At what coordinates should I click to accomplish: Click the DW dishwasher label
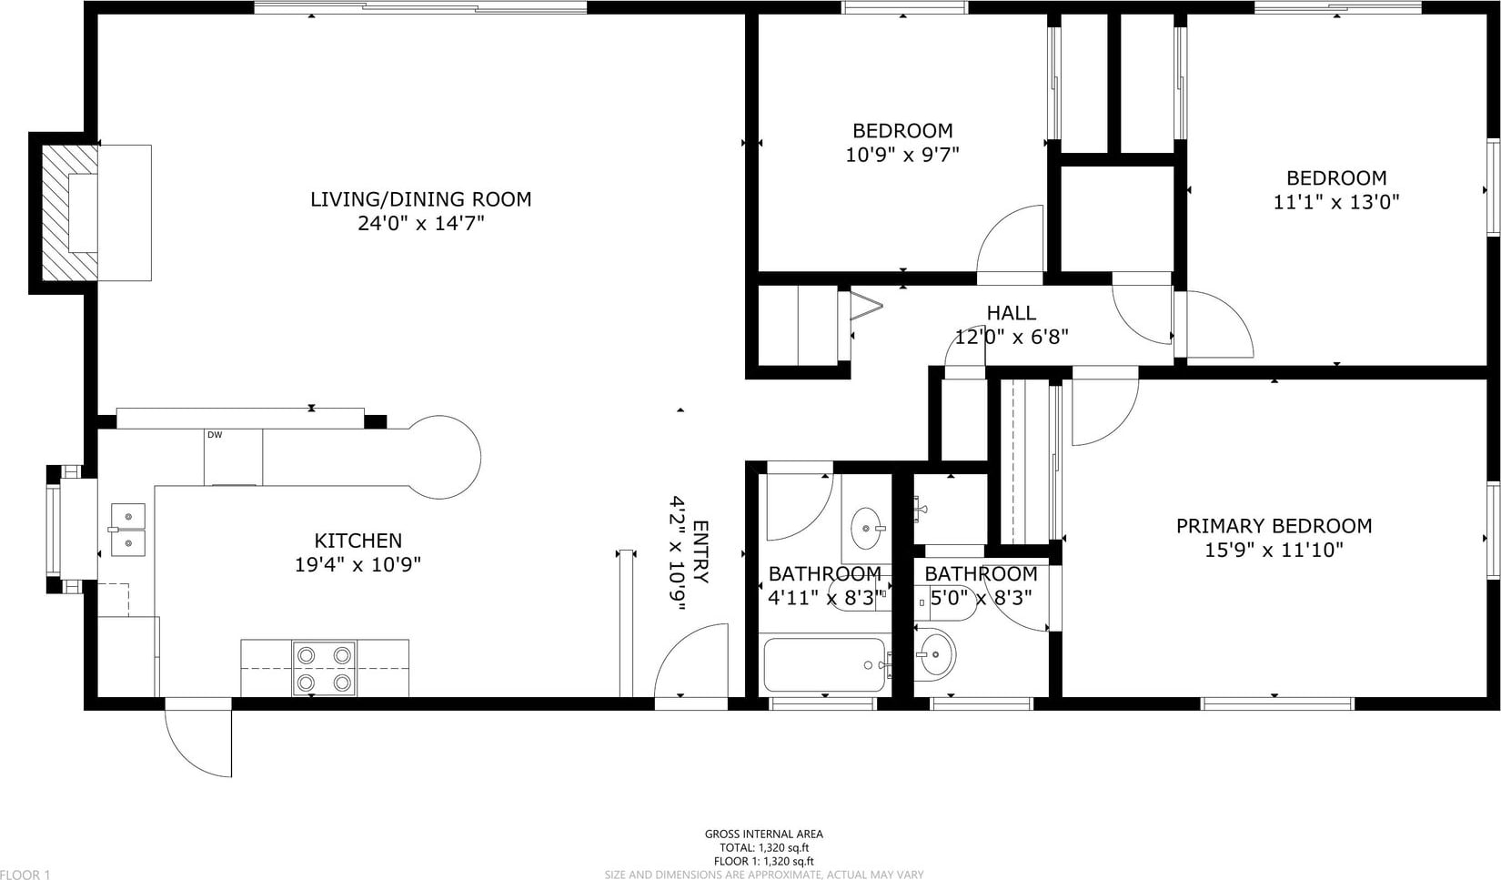[x=215, y=435]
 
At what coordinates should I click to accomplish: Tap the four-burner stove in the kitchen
[x=325, y=668]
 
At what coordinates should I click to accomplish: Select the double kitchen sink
[x=127, y=530]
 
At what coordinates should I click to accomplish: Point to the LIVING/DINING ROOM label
[x=421, y=199]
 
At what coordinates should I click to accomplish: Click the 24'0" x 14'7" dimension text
[x=421, y=223]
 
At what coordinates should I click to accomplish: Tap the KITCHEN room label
[x=358, y=541]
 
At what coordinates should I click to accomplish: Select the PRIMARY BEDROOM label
[x=1274, y=526]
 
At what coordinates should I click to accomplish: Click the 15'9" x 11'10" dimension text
[x=1274, y=551]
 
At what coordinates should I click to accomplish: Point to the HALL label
[x=1012, y=312]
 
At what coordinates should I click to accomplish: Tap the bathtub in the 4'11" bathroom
[x=824, y=665]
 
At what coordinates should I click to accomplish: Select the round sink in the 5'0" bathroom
[x=935, y=653]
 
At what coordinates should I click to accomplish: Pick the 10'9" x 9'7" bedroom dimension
[x=902, y=155]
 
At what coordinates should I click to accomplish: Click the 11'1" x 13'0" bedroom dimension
[x=1336, y=202]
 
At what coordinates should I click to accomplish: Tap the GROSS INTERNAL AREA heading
[x=764, y=834]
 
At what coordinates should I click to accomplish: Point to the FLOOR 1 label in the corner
[x=25, y=874]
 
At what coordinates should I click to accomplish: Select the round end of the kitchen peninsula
[x=445, y=457]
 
